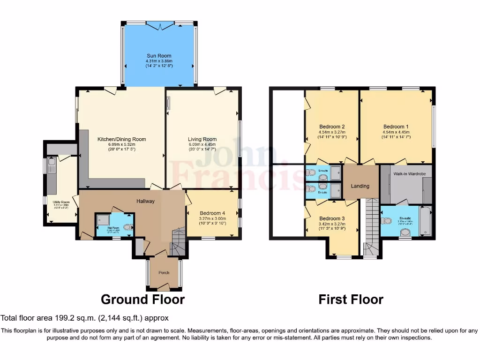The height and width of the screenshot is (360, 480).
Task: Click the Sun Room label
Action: [159, 56]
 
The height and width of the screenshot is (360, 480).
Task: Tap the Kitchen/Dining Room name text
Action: [121, 139]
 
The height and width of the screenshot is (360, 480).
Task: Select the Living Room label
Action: [202, 139]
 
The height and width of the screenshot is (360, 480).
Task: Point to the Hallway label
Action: [145, 201]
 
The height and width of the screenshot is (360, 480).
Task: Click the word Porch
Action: [164, 273]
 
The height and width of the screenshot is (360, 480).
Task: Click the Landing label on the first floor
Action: [360, 186]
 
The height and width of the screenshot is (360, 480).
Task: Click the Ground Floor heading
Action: [142, 299]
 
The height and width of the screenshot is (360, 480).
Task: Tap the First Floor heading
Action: [351, 299]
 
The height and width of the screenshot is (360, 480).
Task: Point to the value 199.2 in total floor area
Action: [65, 318]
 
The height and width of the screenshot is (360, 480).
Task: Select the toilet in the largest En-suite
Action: [387, 221]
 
